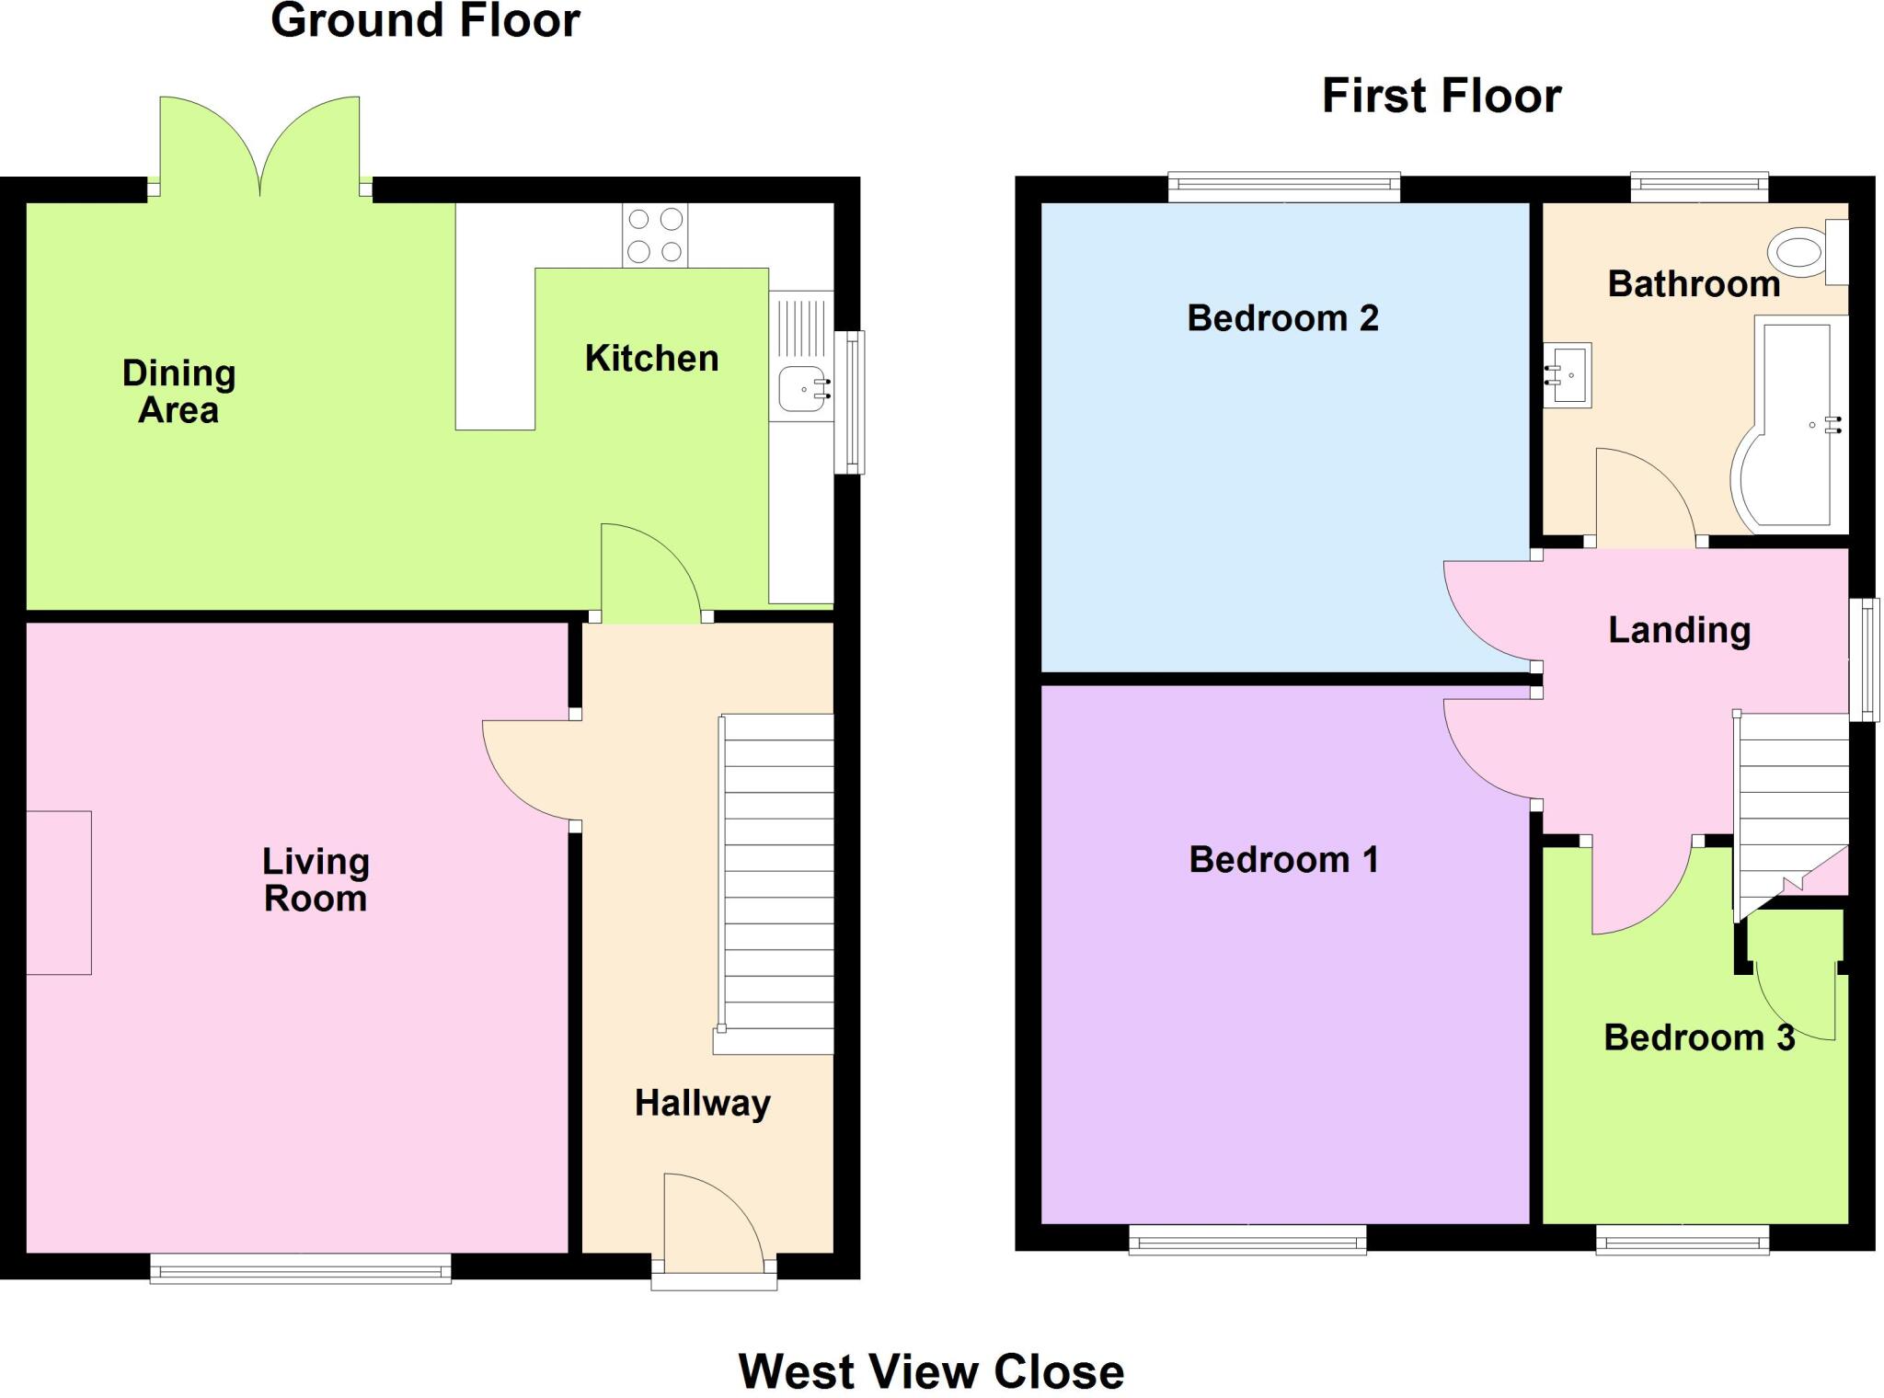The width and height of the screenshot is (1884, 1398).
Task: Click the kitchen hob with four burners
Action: [x=655, y=235]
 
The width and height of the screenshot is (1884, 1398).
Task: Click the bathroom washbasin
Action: [x=1568, y=375]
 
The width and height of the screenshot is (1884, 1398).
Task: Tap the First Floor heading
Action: [x=1441, y=97]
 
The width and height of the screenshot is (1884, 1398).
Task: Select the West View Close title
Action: [x=931, y=1371]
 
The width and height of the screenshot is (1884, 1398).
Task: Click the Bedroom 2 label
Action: [x=1282, y=318]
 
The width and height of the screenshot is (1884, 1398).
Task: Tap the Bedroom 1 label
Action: [x=1283, y=860]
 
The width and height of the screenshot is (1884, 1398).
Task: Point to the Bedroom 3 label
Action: [x=1698, y=1037]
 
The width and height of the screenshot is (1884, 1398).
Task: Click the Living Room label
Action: [x=316, y=880]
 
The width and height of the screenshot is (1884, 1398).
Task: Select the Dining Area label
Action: [x=178, y=392]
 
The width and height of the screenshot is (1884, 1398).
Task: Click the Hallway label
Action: [x=702, y=1103]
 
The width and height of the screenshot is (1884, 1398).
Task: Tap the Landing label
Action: [x=1679, y=630]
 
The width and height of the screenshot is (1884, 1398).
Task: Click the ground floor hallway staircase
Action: [x=777, y=883]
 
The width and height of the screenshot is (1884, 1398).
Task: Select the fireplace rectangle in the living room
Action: [x=59, y=892]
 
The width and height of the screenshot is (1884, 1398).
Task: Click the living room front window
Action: [x=301, y=1270]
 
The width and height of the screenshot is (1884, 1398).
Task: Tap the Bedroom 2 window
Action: [x=1283, y=188]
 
